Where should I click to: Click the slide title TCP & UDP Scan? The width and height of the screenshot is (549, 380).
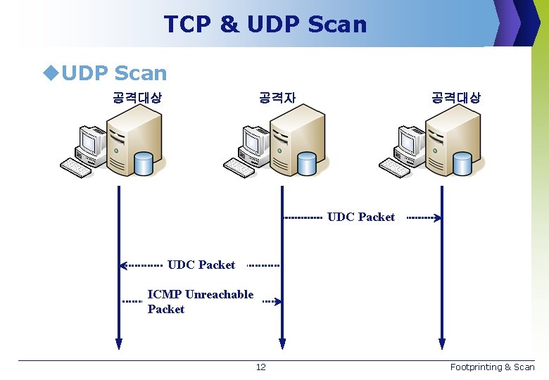(x=265, y=24)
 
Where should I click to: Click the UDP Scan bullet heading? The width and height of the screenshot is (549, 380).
(x=113, y=72)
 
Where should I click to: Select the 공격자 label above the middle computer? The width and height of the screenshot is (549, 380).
(x=277, y=98)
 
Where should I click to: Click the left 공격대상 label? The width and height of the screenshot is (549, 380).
(x=137, y=98)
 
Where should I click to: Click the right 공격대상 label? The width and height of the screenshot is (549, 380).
(x=455, y=98)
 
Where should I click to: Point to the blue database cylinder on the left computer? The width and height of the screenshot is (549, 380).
(x=143, y=163)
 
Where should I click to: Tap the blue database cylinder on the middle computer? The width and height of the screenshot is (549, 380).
(x=306, y=163)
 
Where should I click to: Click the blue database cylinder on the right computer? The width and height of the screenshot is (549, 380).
(x=462, y=163)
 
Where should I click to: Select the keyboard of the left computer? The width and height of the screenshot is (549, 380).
(x=76, y=167)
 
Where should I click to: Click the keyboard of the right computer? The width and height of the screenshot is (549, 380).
(x=394, y=167)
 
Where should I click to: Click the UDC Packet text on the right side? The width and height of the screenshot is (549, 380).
(x=361, y=217)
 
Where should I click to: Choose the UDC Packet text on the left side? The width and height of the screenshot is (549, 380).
(x=201, y=265)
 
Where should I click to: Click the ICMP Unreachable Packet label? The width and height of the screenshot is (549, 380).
(x=200, y=302)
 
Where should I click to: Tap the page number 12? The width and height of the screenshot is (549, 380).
(x=260, y=367)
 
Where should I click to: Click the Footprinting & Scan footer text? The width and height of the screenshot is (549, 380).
(x=492, y=367)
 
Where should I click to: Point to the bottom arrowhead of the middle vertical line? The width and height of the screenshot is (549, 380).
(x=282, y=344)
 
